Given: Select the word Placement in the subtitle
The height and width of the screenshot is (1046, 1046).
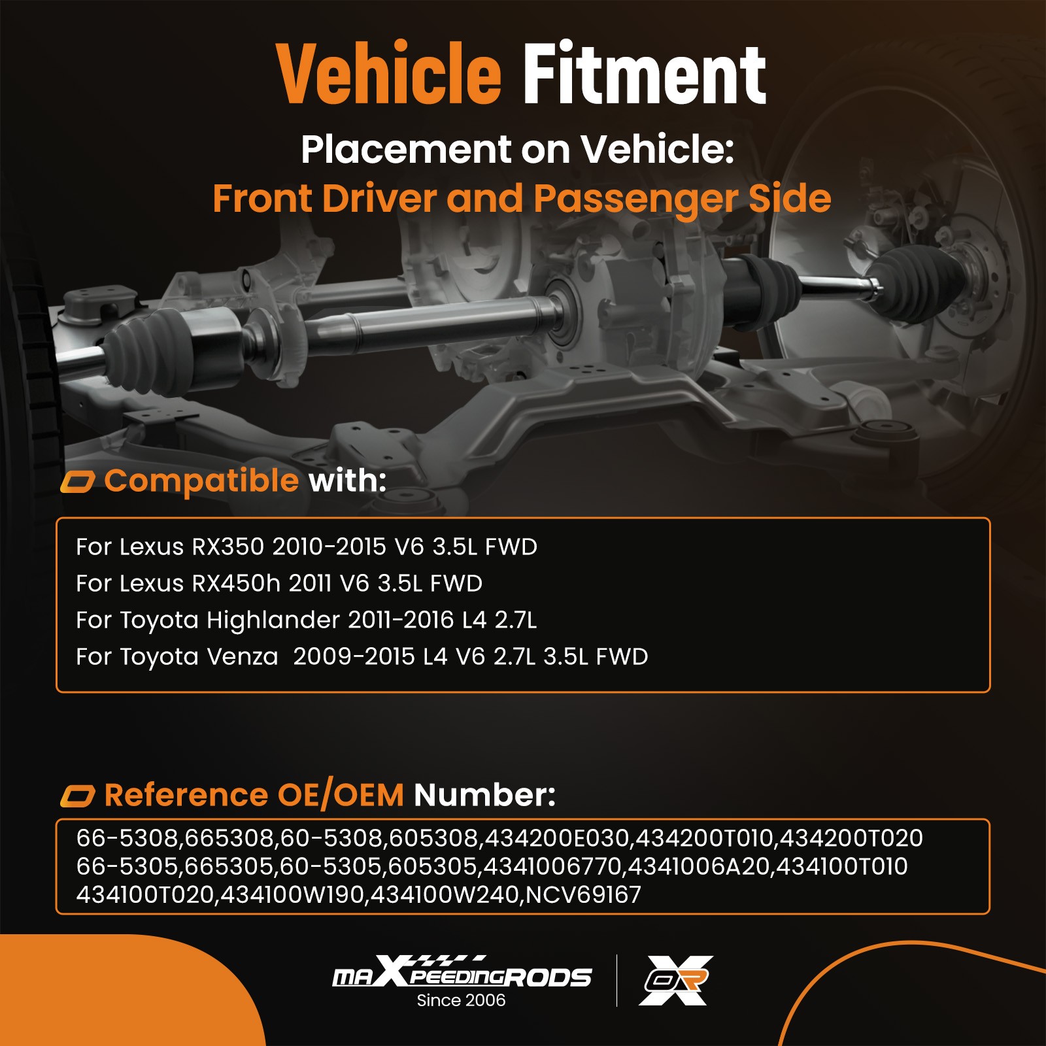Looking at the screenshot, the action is click(406, 150).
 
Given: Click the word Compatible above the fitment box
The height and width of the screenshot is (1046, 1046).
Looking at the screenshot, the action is click(201, 481).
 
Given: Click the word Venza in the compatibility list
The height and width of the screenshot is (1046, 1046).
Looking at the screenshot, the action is click(242, 657).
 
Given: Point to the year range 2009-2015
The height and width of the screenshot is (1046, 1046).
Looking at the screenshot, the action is click(354, 656).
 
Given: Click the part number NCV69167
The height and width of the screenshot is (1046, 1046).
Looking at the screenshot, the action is click(583, 894).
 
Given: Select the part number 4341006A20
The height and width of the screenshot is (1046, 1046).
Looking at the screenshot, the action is click(698, 866).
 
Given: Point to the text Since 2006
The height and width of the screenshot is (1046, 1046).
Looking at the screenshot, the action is click(461, 1000).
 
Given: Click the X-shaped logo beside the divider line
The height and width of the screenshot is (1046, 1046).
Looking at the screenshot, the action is click(676, 980).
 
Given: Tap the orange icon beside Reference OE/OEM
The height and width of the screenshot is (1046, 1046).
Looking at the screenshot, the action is click(78, 796).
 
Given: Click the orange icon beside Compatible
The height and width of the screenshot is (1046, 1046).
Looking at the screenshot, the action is click(78, 482).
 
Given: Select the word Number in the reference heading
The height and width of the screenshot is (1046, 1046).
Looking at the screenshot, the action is click(484, 796).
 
